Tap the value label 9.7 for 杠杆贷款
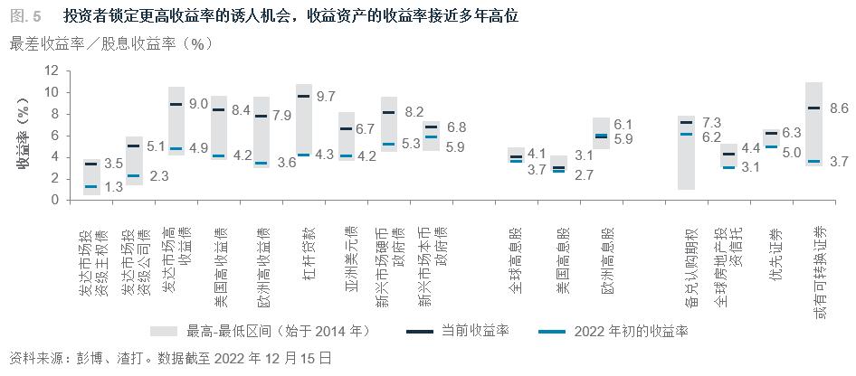pyautogui.click(x=328, y=97)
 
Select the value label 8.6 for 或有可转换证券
pyautogui.click(x=839, y=108)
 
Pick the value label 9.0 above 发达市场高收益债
pyautogui.click(x=198, y=105)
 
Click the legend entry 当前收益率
pyautogui.click(x=474, y=331)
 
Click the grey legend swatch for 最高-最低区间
pyautogui.click(x=163, y=331)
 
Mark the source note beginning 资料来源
pyautogui.click(x=169, y=358)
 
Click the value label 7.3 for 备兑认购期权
pyautogui.click(x=711, y=123)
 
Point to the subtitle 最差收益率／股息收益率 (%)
pyautogui.click(x=110, y=44)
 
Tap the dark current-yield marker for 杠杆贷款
pyautogui.click(x=304, y=96)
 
